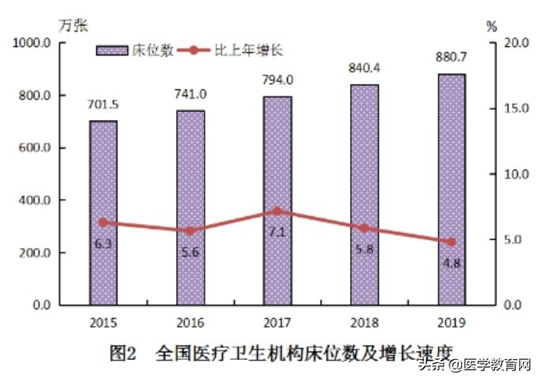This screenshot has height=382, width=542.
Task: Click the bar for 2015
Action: (104, 212)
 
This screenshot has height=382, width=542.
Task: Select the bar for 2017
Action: (277, 200)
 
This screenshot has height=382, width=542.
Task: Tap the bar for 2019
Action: (451, 189)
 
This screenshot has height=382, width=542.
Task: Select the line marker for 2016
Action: (190, 230)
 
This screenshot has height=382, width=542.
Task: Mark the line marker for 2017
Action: (277, 212)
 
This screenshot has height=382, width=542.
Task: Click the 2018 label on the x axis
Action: (364, 322)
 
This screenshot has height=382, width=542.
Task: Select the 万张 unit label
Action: (75, 25)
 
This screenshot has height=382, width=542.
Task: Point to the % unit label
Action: (491, 25)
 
